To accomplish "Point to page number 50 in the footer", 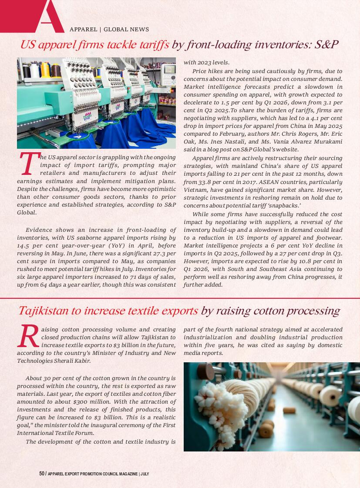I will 42,474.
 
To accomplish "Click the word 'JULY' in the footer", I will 145,474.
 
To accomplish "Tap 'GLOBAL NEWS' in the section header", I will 126,30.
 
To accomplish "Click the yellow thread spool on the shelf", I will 45,70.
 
